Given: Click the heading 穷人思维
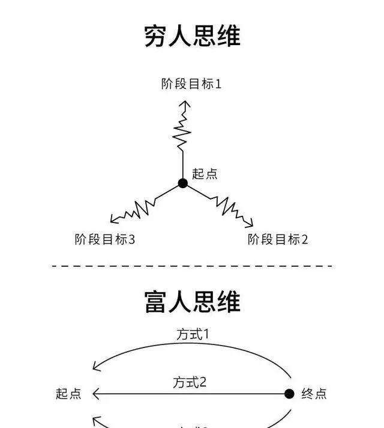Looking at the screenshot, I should pos(192,35).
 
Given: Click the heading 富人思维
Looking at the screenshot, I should pos(192,301).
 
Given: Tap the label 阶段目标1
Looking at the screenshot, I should pos(191,84).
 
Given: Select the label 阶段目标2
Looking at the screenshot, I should pos(278,239).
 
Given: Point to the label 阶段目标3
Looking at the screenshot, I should pos(105,239).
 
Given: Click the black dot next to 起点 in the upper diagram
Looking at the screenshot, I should pos(183,183).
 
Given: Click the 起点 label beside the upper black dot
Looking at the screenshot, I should pos(205,174).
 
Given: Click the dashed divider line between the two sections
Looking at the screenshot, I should pos(192,265).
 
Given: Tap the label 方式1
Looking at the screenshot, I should pos(193,334).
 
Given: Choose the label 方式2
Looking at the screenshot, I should pos(190,382).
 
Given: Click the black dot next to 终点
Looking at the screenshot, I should pos(289,394).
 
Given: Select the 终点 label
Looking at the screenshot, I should pos(314,394).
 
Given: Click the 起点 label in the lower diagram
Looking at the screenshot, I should pos(68,394).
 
